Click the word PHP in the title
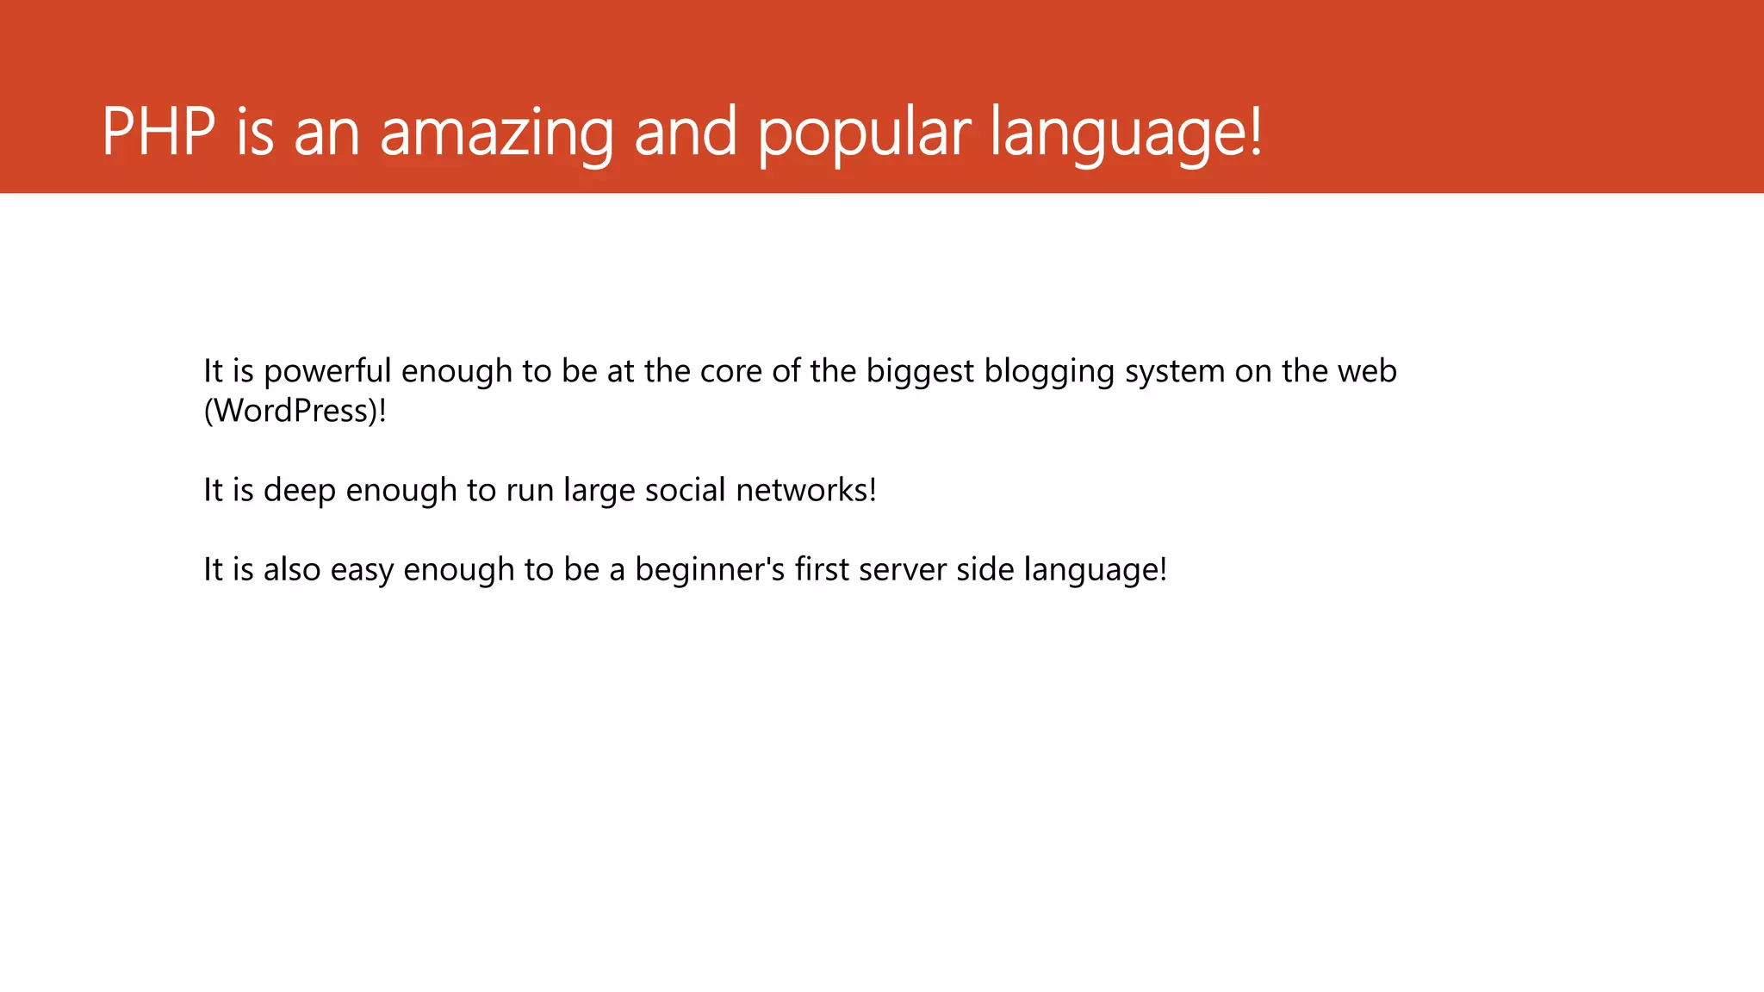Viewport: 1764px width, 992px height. [158, 132]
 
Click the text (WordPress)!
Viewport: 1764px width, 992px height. [295, 411]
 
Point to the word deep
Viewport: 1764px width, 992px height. [300, 491]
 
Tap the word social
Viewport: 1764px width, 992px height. [686, 490]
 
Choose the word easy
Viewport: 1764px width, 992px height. [362, 570]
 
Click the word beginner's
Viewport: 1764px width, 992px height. [710, 569]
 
